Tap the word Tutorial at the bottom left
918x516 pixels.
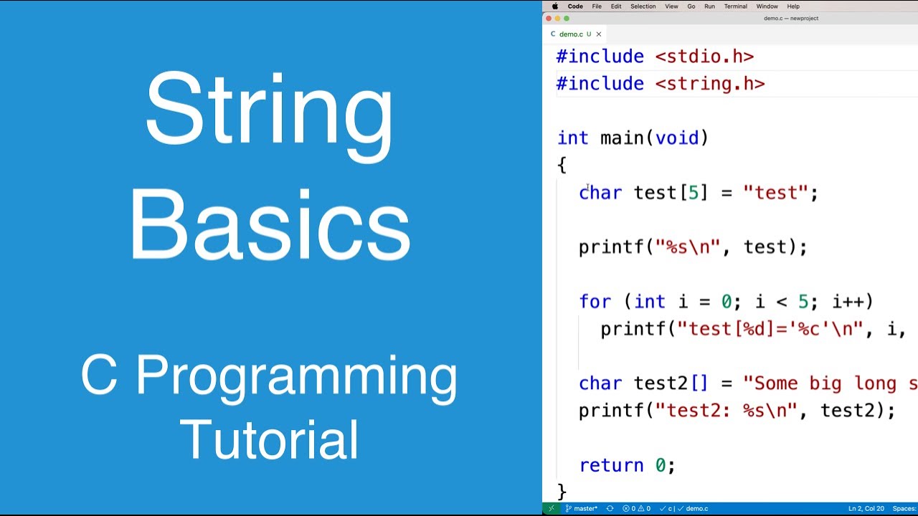pyautogui.click(x=269, y=439)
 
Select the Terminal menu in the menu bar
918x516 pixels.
pyautogui.click(x=735, y=6)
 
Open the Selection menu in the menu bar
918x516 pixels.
pyautogui.click(x=643, y=6)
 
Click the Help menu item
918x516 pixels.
pyautogui.click(x=793, y=6)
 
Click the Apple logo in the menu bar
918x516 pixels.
pyautogui.click(x=554, y=6)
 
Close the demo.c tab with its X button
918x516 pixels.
pyautogui.click(x=599, y=34)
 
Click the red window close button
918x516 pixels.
pyautogui.click(x=549, y=19)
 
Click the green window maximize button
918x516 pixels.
pyautogui.click(x=567, y=19)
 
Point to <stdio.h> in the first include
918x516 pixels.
pyautogui.click(x=704, y=57)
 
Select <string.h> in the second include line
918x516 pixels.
pyautogui.click(x=709, y=84)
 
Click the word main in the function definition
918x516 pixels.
pyautogui.click(x=621, y=138)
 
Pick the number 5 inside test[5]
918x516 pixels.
pyautogui.click(x=694, y=193)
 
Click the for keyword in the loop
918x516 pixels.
pyautogui.click(x=595, y=302)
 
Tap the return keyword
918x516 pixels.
pyautogui.click(x=611, y=466)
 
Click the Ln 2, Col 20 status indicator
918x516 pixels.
pyautogui.click(x=866, y=509)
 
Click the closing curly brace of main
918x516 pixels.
pyautogui.click(x=562, y=492)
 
